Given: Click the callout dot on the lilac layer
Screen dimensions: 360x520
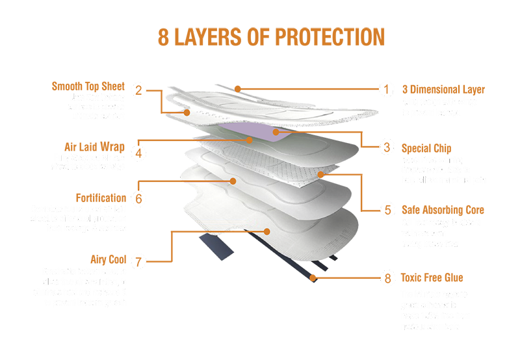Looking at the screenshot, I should click(276, 132).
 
